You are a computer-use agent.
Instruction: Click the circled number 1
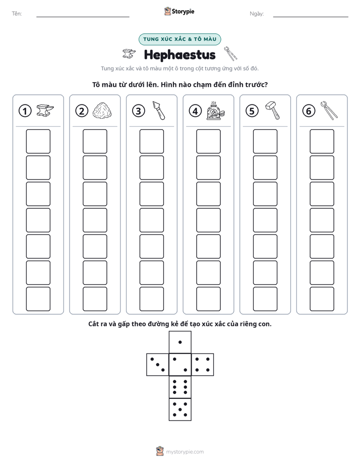click(x=25, y=111)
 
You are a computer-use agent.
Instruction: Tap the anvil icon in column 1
click(x=45, y=110)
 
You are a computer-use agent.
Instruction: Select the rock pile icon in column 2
click(x=102, y=110)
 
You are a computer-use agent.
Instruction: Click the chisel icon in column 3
click(x=159, y=110)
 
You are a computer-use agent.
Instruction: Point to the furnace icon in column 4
click(x=215, y=110)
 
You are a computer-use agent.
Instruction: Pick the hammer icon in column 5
click(x=272, y=110)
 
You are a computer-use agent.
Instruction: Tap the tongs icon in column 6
click(x=329, y=110)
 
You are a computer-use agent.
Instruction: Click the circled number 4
click(x=195, y=111)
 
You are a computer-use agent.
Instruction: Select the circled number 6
click(x=309, y=111)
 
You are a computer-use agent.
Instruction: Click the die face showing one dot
click(x=180, y=342)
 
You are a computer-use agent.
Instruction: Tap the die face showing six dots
click(x=180, y=387)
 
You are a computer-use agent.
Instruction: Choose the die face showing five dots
click(x=180, y=409)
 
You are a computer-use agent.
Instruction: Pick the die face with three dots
click(x=158, y=365)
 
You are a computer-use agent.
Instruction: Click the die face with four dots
click(x=203, y=365)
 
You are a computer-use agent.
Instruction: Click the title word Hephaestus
click(x=179, y=54)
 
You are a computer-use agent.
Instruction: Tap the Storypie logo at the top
click(x=179, y=11)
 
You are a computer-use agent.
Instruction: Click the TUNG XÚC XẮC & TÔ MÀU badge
click(x=179, y=39)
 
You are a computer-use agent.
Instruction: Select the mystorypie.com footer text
click(x=185, y=452)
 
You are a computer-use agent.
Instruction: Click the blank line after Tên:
click(x=83, y=17)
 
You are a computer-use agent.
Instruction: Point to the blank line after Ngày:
click(x=311, y=17)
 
